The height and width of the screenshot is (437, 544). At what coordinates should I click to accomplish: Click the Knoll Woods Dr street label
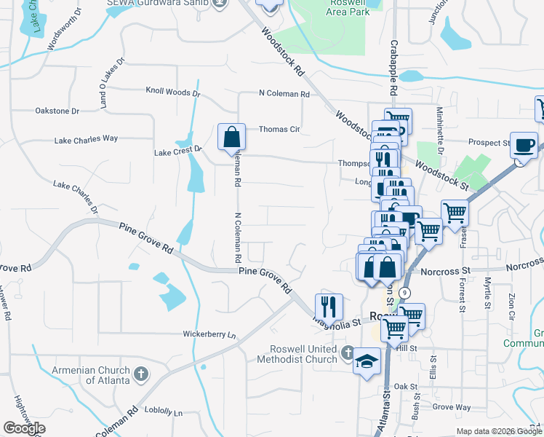click(172, 92)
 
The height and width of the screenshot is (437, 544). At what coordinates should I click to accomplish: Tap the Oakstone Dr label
click(57, 111)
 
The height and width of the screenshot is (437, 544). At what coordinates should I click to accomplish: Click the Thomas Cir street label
click(279, 130)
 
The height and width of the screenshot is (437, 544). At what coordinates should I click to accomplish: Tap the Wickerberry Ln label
click(210, 335)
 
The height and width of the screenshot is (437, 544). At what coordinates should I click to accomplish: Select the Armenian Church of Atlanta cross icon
click(141, 375)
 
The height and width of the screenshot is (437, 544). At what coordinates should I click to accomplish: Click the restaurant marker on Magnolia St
click(329, 306)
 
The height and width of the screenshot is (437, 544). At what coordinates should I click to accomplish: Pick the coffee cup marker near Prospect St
click(524, 144)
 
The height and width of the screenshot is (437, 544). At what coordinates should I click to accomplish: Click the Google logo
click(24, 428)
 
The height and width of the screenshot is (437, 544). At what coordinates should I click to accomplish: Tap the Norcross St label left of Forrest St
click(447, 271)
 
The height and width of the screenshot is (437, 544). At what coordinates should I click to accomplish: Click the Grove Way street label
click(452, 407)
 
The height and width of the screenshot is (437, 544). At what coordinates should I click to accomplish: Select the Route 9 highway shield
click(404, 292)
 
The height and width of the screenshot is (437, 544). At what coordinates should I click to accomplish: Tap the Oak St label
click(404, 387)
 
